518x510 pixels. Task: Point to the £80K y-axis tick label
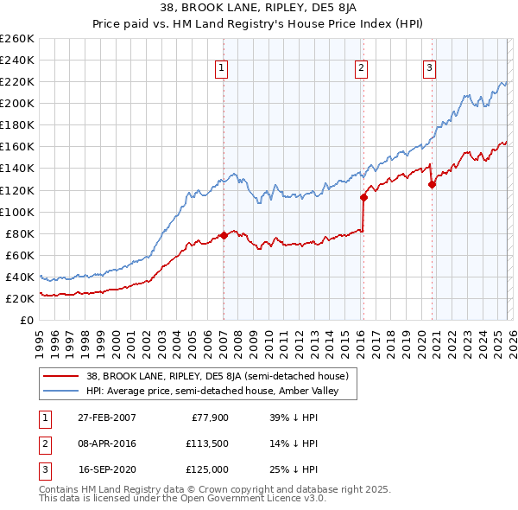20,233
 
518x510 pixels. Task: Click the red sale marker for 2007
224,235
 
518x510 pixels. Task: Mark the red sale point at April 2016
363,197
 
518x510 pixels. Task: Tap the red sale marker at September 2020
432,184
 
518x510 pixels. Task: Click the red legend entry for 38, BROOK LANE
217,376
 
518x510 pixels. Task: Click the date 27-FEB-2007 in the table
106,417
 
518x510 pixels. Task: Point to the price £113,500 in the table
204,443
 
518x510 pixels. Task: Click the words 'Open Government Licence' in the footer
258,499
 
